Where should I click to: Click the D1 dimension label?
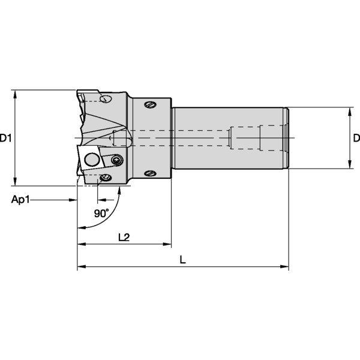(6, 139)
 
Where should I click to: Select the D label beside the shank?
(356, 139)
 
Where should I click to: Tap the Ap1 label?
(20, 199)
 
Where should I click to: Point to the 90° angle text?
(101, 213)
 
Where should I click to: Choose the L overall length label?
(183, 259)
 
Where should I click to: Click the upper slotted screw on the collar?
(149, 105)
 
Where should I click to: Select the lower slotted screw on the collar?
(149, 174)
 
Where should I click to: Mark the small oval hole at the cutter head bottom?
(106, 177)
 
